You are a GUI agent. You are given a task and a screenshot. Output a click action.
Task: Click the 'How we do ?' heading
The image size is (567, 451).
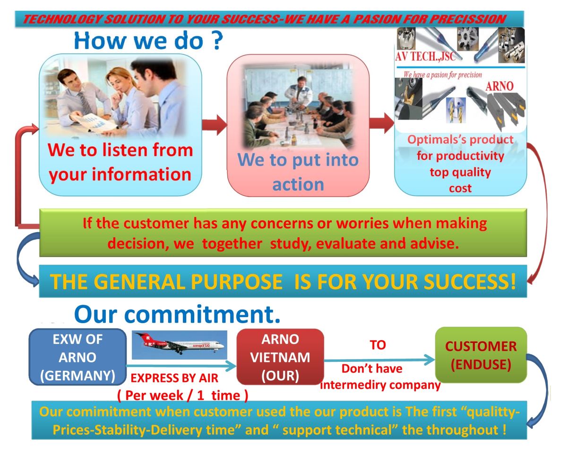tap(148, 41)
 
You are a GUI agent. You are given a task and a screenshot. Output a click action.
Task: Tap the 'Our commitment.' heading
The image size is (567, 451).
tap(177, 314)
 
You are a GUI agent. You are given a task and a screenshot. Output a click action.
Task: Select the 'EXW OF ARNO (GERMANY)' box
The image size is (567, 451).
tap(77, 357)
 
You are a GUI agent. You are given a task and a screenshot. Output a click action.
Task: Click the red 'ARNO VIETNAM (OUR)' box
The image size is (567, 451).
tap(280, 357)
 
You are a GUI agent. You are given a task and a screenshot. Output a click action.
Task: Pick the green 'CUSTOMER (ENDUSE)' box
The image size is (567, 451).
tap(481, 355)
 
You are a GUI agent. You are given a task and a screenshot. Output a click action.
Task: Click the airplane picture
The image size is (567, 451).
tap(180, 345)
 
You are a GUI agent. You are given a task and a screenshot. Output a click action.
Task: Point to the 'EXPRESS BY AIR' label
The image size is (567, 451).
tap(174, 378)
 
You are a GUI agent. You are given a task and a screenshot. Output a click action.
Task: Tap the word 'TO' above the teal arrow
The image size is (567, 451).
tap(378, 345)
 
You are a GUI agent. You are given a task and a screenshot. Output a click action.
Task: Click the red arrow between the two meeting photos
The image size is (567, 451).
tap(215, 125)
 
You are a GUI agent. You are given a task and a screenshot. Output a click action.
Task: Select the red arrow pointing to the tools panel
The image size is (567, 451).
tap(381, 123)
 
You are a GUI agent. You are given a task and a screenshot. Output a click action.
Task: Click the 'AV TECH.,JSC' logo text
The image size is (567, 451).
tap(425, 56)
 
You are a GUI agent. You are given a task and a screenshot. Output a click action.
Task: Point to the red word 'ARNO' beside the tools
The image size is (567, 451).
tap(499, 86)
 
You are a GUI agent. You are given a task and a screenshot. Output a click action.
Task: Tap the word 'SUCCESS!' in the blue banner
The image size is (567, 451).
tap(470, 282)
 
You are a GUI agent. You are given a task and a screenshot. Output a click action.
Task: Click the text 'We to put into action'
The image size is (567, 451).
tap(298, 172)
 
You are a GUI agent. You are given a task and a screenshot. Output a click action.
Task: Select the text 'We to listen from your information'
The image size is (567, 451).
tap(120, 162)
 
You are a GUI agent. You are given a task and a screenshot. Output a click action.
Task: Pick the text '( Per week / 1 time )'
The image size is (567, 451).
tap(182, 395)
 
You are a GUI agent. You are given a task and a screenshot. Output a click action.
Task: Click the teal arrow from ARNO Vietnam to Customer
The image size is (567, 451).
tap(379, 359)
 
